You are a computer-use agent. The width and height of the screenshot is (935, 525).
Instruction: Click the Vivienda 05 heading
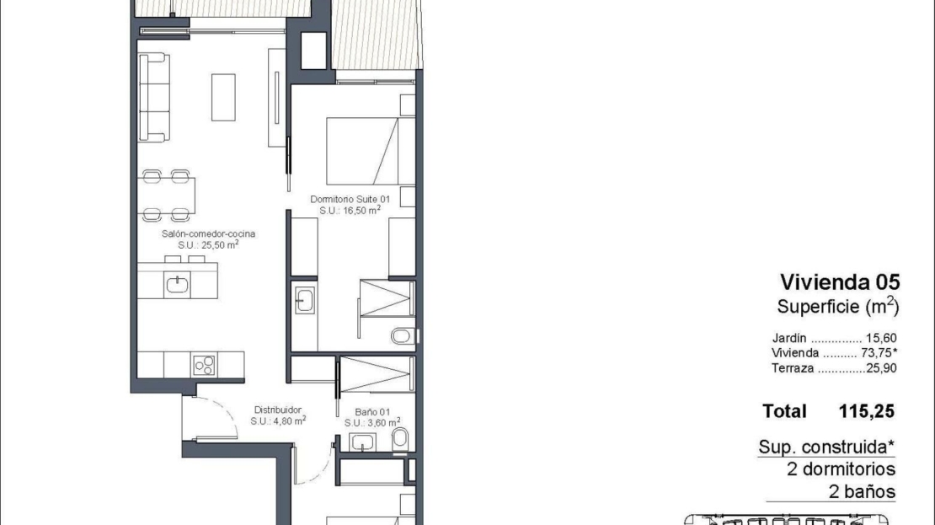[x=840, y=282]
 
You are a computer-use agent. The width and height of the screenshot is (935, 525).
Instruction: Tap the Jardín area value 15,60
[x=881, y=338]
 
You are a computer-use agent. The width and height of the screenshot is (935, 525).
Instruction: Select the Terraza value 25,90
[x=881, y=368]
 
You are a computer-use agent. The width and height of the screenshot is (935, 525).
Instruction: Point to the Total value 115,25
[x=867, y=411]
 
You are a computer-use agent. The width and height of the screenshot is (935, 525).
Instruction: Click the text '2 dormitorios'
[x=841, y=469]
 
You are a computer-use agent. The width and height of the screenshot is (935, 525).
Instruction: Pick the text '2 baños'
[x=862, y=491]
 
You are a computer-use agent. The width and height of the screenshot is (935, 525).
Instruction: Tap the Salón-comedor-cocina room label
[x=208, y=234]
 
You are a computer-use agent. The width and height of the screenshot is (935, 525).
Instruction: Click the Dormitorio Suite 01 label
[x=350, y=199]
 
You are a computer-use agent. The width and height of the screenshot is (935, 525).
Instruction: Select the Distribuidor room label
[x=278, y=410]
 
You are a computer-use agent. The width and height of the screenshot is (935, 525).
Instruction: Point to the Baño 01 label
[x=372, y=411]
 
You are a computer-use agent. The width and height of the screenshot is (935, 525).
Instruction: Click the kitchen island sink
[x=177, y=285]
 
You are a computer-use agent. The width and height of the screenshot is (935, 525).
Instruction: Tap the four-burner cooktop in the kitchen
[x=204, y=365]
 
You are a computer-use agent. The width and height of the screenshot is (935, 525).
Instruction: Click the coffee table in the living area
[x=223, y=97]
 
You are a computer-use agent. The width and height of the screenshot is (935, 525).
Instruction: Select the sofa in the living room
[x=154, y=98]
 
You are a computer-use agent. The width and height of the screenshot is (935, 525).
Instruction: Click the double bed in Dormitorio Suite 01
[x=371, y=151]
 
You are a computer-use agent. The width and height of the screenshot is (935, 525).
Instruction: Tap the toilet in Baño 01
[x=400, y=438]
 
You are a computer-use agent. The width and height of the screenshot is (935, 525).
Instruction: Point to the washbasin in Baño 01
[x=362, y=442]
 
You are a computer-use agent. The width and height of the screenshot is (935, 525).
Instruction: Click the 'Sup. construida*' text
[x=826, y=447]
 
